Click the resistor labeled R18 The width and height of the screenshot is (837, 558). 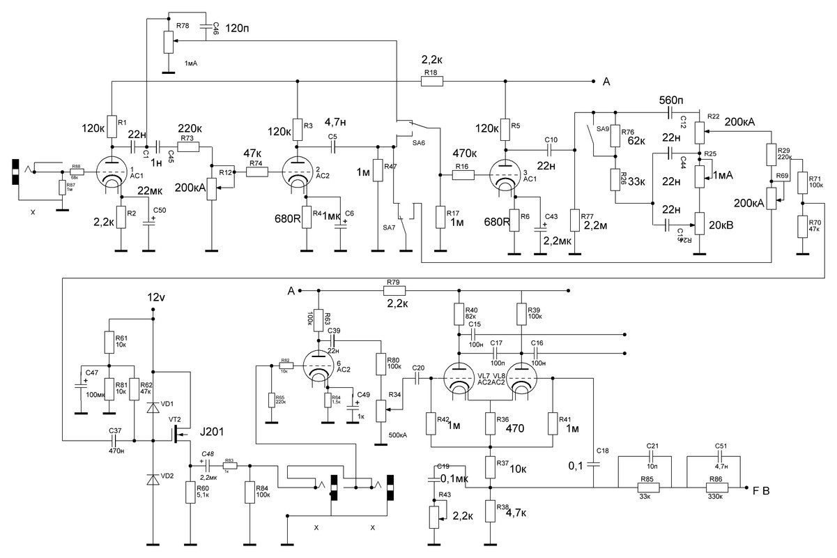point(432,82)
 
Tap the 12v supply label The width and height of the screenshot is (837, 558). point(156,296)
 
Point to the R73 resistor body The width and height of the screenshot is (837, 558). point(188,147)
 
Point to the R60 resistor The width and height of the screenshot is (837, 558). point(190,492)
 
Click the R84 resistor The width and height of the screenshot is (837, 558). point(249,492)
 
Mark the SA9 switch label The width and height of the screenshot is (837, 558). point(601,129)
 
